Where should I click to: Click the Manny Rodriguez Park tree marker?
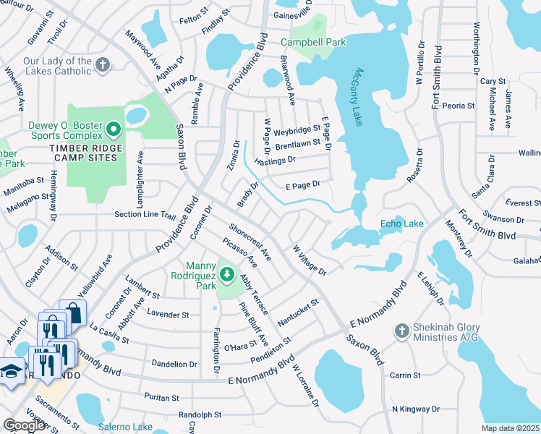226,273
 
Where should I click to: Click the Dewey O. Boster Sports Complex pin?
113,130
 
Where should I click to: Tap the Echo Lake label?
401,224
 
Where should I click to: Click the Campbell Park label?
313,43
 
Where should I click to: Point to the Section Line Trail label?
145,215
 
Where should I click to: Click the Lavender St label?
168,315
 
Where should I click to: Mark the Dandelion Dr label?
174,364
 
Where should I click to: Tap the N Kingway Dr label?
415,409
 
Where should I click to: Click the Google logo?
25,425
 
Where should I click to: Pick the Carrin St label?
405,375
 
